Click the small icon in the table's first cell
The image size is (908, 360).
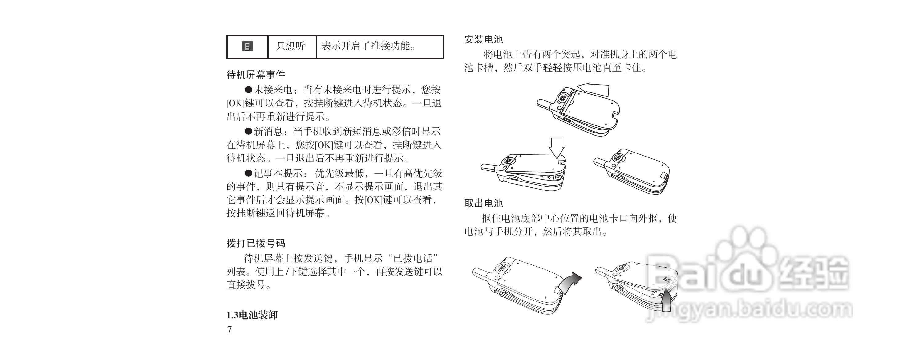[x=247, y=46]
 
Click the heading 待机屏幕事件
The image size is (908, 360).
[x=256, y=75]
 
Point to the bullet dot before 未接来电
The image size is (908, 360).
[x=249, y=90]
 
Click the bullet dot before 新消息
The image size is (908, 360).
[x=249, y=132]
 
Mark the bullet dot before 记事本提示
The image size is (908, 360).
[x=249, y=173]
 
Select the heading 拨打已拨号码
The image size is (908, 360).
[x=256, y=243]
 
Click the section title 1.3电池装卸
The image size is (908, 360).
[x=252, y=315]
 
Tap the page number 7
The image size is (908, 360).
[x=229, y=330]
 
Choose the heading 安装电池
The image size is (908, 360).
[x=484, y=39]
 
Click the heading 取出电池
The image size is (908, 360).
[x=484, y=203]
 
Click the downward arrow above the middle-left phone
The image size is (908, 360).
[x=557, y=147]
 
